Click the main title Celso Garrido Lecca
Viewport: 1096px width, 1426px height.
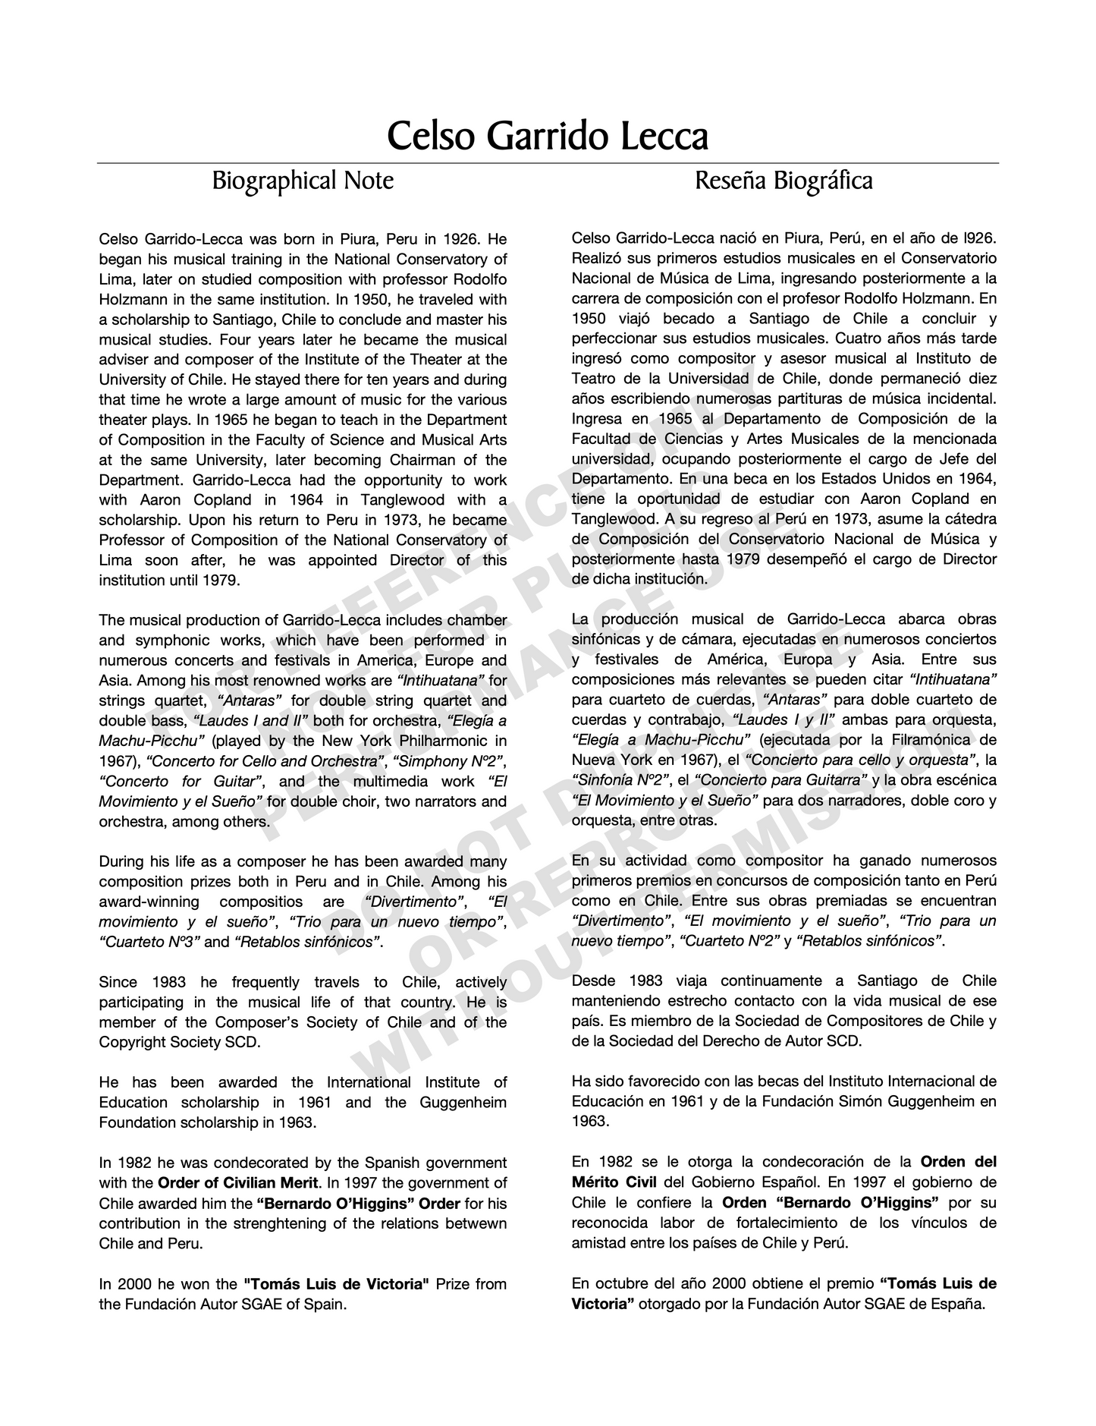(x=548, y=137)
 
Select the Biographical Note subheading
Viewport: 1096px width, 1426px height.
(x=303, y=181)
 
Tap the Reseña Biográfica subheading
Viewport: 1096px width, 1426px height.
(x=784, y=181)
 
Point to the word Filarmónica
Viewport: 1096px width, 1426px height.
(x=910, y=740)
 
